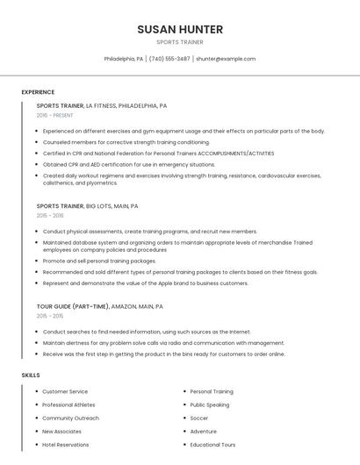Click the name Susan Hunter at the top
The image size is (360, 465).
pyautogui.click(x=180, y=29)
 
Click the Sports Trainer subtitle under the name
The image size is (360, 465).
pyautogui.click(x=180, y=42)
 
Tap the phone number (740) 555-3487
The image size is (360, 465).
pyautogui.click(x=169, y=59)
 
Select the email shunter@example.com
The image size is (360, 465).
pyautogui.click(x=226, y=59)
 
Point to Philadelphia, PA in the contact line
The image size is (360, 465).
pyautogui.click(x=124, y=59)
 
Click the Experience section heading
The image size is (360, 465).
pyautogui.click(x=38, y=92)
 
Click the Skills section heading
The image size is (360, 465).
pyautogui.click(x=31, y=375)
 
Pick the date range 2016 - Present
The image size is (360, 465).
pyautogui.click(x=55, y=115)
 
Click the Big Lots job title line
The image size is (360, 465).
pyautogui.click(x=87, y=206)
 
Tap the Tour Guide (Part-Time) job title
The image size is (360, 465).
pyautogui.click(x=99, y=306)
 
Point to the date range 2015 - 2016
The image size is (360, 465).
pyautogui.click(x=50, y=215)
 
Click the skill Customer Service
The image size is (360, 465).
pyautogui.click(x=65, y=391)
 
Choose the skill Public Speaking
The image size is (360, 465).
pyautogui.click(x=210, y=404)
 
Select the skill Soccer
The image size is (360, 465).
pyautogui.click(x=199, y=418)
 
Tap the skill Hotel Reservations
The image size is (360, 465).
pyautogui.click(x=66, y=445)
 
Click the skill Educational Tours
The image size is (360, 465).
pyautogui.click(x=212, y=445)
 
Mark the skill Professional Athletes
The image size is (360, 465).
pyautogui.click(x=68, y=404)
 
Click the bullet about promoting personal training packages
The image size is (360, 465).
pyautogui.click(x=99, y=261)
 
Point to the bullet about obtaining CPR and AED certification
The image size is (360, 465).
pyautogui.click(x=128, y=164)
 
